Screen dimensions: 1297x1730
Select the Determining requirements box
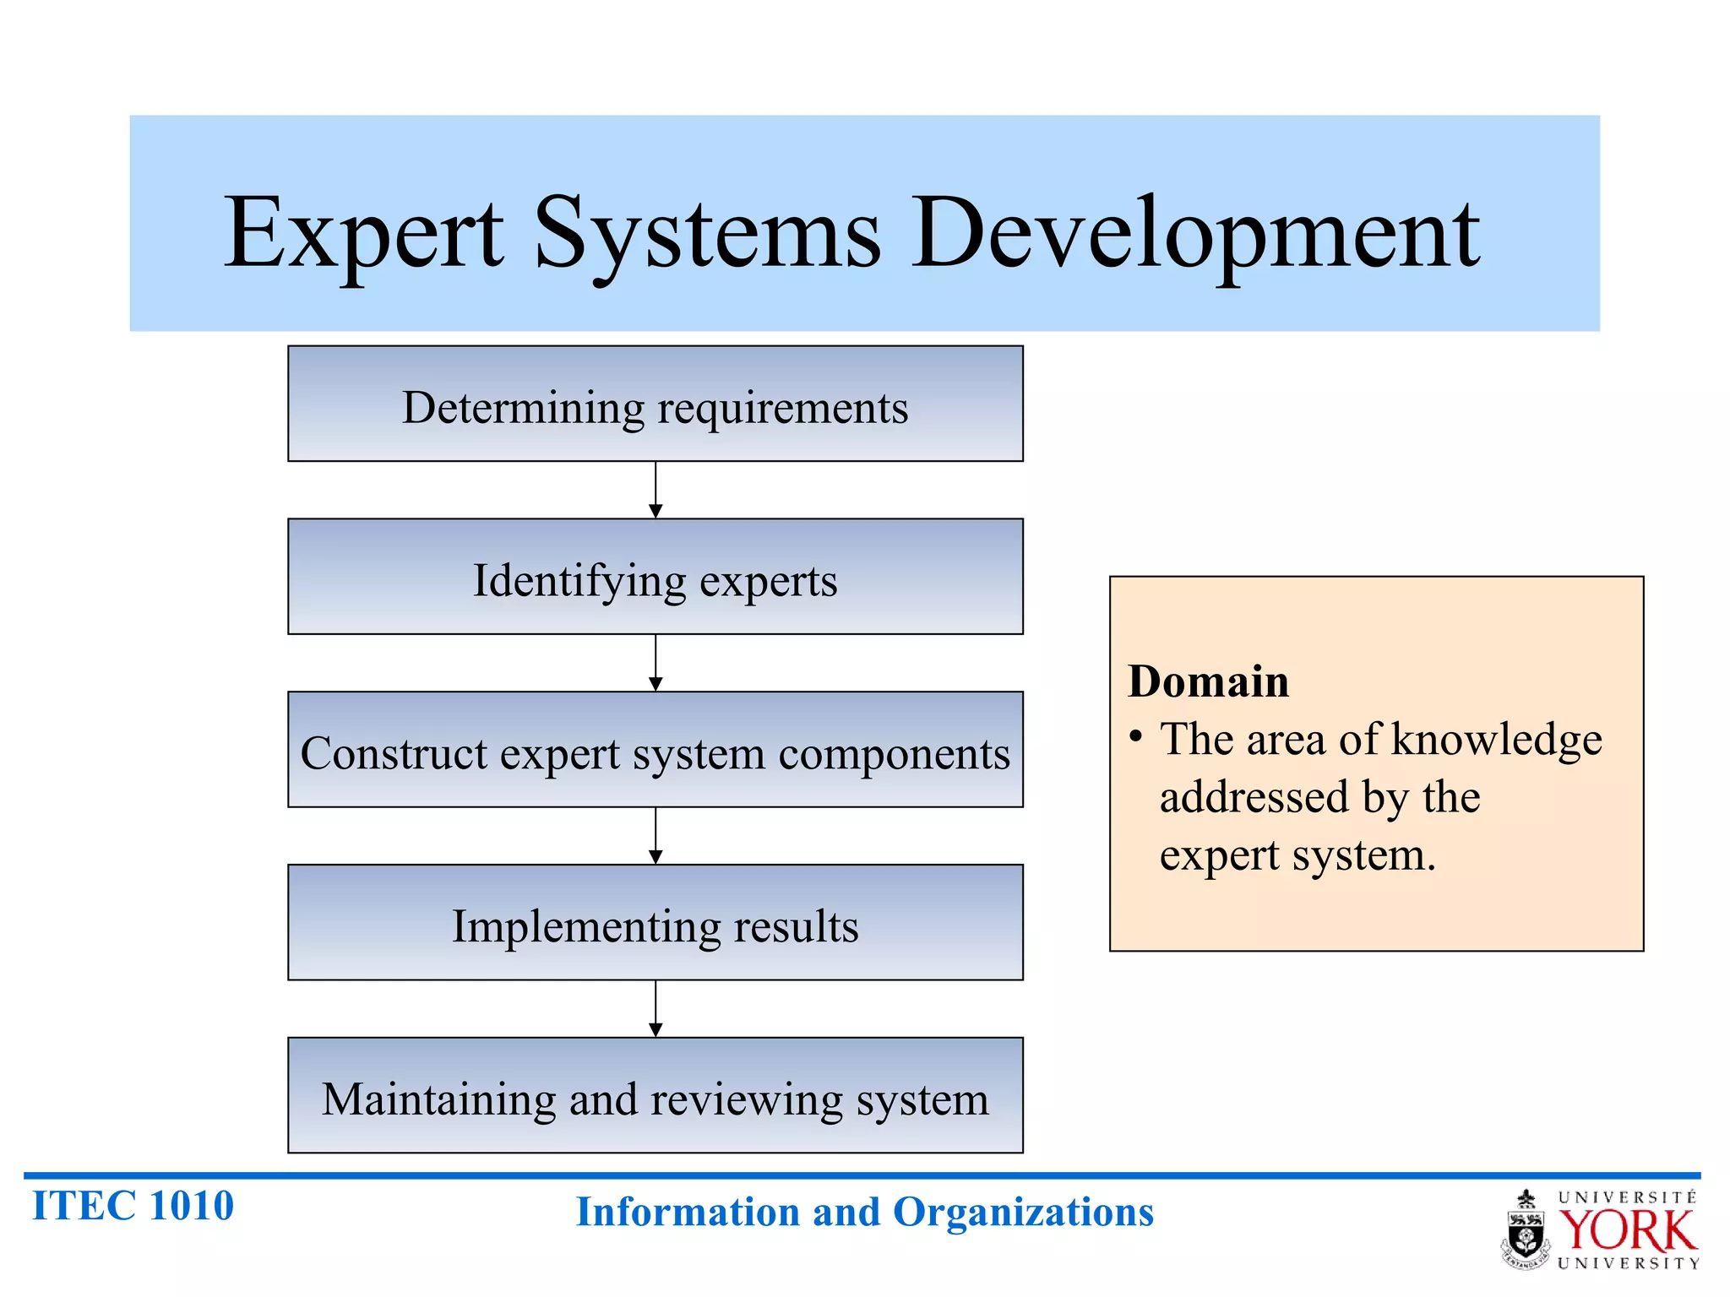pos(655,404)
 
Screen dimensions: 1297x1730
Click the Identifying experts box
pos(655,578)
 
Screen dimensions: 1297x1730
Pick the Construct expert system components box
pos(655,751)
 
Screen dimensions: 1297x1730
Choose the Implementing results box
pos(655,923)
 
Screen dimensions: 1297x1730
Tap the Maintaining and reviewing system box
pos(655,1096)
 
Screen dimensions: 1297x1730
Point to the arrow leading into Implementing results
pos(656,837)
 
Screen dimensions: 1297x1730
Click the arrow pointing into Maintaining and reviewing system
pos(656,1010)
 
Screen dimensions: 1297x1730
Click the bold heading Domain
pos(1208,681)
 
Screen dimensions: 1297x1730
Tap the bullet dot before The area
pos(1136,737)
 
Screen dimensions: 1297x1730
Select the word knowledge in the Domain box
pos(1496,741)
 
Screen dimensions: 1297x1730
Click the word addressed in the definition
pos(1254,798)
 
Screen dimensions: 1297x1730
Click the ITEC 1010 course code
pos(133,1206)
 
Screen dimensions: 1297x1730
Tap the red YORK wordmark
pos(1627,1230)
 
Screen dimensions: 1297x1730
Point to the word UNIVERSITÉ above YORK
pos(1627,1197)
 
